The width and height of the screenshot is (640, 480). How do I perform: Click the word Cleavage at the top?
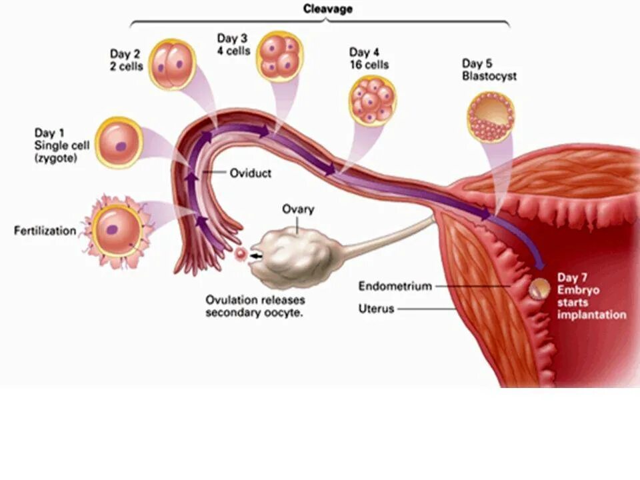pyautogui.click(x=328, y=9)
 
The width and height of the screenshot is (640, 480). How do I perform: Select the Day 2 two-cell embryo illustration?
pyautogui.click(x=172, y=65)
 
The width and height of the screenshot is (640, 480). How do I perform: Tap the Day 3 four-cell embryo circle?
pyautogui.click(x=280, y=55)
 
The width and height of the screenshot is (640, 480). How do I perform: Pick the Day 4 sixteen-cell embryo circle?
pyautogui.click(x=373, y=100)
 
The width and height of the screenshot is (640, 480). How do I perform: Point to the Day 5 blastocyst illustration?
pyautogui.click(x=491, y=117)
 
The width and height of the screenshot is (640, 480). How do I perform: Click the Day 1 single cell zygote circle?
pyautogui.click(x=119, y=142)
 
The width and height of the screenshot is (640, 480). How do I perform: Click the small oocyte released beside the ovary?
pyautogui.click(x=241, y=253)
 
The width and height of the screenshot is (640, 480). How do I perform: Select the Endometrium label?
pyautogui.click(x=395, y=287)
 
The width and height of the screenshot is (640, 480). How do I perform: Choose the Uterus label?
pyautogui.click(x=377, y=309)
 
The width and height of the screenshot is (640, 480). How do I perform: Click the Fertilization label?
pyautogui.click(x=45, y=231)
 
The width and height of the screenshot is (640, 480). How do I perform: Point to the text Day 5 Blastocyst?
pyautogui.click(x=488, y=70)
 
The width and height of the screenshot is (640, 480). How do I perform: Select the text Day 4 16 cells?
pyautogui.click(x=369, y=59)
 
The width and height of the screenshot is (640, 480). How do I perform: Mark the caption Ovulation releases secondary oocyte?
pyautogui.click(x=254, y=306)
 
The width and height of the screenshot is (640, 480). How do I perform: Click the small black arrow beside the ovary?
pyautogui.click(x=255, y=254)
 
